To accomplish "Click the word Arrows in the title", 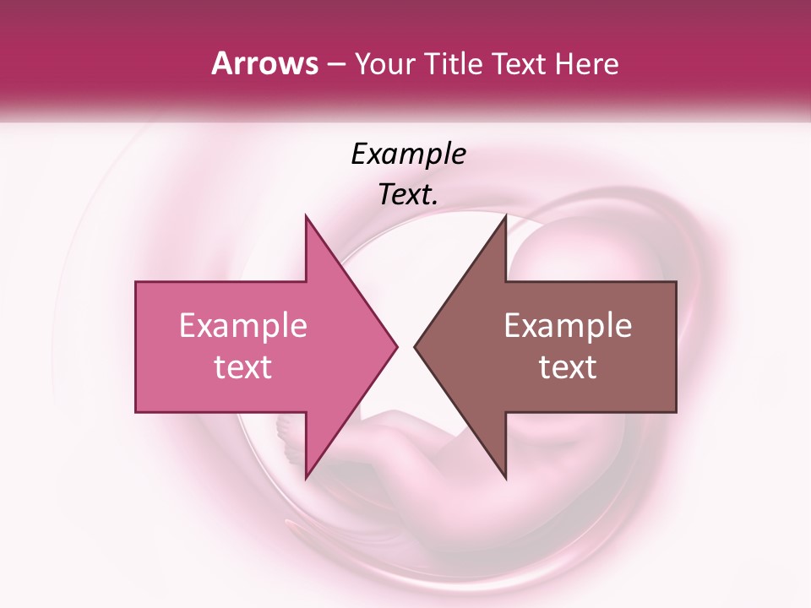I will click(264, 63).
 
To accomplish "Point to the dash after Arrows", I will click(335, 65).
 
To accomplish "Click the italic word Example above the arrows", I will click(408, 154).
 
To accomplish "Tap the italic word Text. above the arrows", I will click(408, 194).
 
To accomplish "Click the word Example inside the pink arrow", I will click(242, 326).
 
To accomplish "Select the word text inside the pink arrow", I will click(242, 367).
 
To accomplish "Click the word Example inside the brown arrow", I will click(568, 326).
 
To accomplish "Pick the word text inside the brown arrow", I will click(568, 367).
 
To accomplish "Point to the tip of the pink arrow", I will click(396, 346).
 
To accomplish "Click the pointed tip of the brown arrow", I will click(415, 346).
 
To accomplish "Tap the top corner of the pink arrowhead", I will click(306, 216).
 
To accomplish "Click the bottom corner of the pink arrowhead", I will click(306, 478).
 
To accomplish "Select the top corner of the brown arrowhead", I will click(505, 216).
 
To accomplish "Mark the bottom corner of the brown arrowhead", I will click(505, 478).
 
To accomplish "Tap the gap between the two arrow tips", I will click(405, 346).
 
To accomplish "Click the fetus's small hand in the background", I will click(288, 439).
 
